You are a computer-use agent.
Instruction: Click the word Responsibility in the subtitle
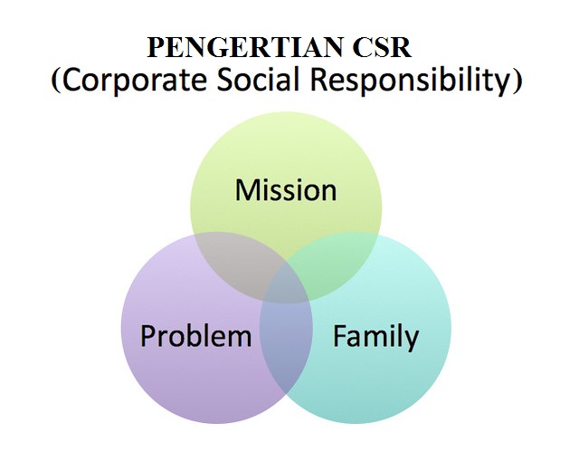[x=412, y=80]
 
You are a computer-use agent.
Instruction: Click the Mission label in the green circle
[x=286, y=190]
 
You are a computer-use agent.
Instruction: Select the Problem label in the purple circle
[x=195, y=336]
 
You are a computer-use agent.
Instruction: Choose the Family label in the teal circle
[x=375, y=337]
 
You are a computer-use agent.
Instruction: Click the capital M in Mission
[x=245, y=190]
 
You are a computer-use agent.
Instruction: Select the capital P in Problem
[x=147, y=336]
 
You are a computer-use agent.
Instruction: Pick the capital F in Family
[x=339, y=336]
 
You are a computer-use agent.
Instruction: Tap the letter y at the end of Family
[x=412, y=341]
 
